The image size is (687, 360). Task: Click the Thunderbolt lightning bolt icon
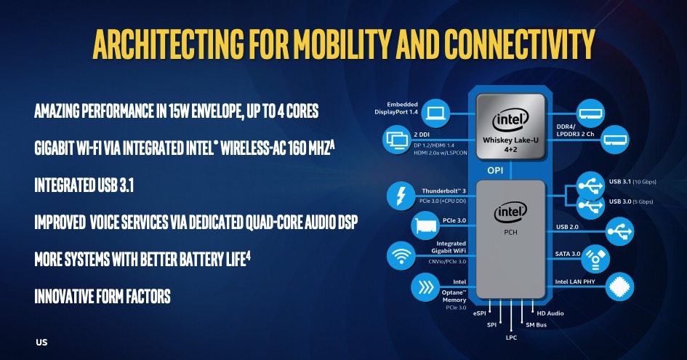401,196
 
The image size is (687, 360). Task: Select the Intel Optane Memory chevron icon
425,288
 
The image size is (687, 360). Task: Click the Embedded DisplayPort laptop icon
436,113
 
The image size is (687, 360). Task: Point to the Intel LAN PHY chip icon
620,287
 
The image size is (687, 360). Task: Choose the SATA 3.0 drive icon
595,259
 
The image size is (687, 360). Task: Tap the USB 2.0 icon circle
620,231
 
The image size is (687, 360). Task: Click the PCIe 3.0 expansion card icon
425,226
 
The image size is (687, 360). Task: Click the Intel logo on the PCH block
510,213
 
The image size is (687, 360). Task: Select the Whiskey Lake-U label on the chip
510,140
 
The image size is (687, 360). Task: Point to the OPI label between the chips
496,170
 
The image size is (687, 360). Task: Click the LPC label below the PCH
511,337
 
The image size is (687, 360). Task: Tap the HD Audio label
550,313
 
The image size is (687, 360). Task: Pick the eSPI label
479,313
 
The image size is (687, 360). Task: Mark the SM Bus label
537,325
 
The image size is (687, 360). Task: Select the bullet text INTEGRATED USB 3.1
84,185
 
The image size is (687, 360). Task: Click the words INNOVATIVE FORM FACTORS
103,297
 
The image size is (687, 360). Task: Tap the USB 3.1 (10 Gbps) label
632,182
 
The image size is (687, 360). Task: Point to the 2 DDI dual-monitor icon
396,140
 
